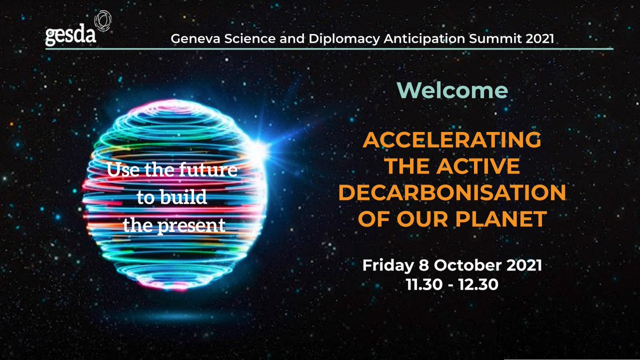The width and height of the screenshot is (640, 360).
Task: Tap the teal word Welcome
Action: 452,91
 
